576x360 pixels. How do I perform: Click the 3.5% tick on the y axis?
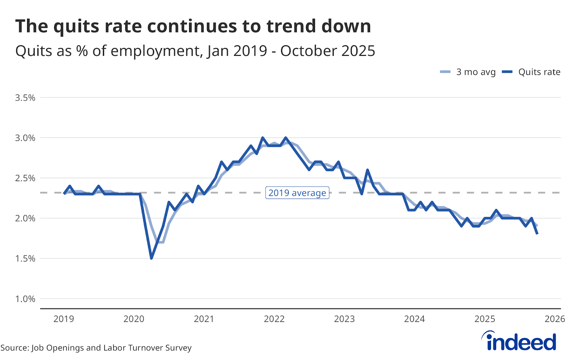tap(25, 98)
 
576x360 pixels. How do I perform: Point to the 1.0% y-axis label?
tap(25, 299)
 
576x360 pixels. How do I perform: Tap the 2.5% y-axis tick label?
tap(25, 179)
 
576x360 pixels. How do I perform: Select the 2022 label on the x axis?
tap(274, 319)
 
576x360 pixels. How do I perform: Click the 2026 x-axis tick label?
tap(555, 319)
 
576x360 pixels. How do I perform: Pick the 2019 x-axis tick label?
tap(64, 319)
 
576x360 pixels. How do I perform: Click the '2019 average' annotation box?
tap(297, 193)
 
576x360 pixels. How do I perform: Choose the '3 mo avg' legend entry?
tap(468, 72)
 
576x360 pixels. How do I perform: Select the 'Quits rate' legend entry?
tap(531, 72)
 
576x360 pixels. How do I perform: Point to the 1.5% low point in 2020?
tap(152, 258)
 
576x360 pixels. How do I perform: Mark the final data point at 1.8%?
tap(537, 234)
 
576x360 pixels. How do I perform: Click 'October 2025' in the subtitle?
tap(328, 51)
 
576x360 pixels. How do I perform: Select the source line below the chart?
tap(96, 348)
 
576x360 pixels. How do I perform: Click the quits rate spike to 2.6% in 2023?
tap(368, 170)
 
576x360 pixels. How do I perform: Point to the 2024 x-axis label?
tap(414, 319)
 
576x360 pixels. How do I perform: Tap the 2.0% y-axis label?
tap(25, 219)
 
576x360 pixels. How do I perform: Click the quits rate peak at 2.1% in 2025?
tap(496, 210)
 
